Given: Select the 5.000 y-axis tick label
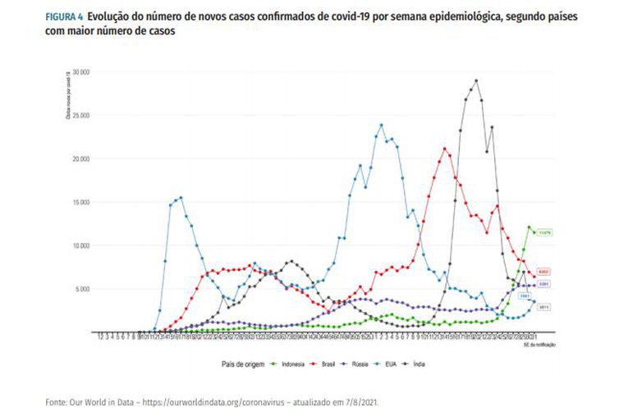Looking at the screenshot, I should (80, 289).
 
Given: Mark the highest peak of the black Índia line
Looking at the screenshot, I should (476, 80).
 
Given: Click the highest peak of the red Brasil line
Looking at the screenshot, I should (444, 149).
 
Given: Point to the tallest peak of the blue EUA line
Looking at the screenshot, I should (382, 125).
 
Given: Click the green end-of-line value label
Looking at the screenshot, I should (544, 232).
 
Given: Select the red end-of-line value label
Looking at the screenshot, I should (544, 272).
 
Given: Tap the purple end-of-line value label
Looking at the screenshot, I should (544, 284).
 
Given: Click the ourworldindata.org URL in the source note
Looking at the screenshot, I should (198, 402).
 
